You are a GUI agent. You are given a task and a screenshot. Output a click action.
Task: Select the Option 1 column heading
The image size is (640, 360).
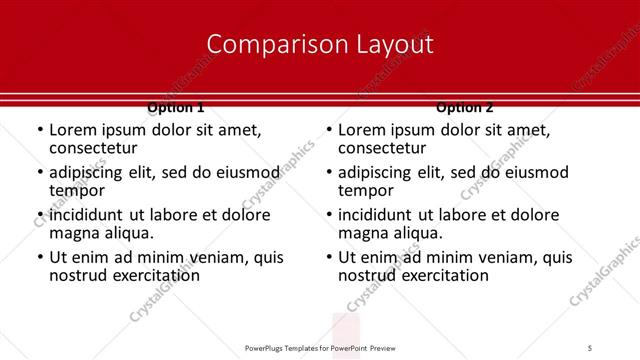(x=176, y=106)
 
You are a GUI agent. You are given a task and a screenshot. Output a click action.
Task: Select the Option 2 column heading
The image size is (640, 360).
(x=465, y=106)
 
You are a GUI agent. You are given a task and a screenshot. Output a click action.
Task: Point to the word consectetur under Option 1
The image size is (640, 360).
(x=93, y=148)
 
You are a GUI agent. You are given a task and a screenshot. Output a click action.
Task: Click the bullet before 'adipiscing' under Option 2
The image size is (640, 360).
(x=328, y=173)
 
